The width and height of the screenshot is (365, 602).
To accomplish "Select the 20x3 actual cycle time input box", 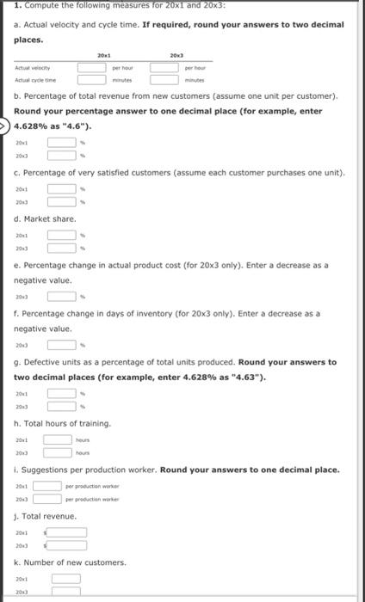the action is (164, 79).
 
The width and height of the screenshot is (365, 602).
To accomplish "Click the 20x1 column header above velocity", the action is (102, 53).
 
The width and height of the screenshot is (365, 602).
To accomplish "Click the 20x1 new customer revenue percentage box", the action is (60, 143).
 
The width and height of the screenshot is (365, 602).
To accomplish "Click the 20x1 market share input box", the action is (60, 233).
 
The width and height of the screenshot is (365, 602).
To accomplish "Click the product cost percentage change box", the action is (60, 297).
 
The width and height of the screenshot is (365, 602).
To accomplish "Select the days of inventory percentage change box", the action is (60, 345).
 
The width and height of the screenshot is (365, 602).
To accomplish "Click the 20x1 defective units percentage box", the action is (60, 393).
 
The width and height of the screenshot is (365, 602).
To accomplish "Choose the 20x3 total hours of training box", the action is (58, 452).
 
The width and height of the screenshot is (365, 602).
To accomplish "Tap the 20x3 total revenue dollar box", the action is (67, 545).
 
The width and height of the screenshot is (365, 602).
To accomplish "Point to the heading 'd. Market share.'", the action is (45, 218).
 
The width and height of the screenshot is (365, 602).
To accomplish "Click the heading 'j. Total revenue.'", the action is (46, 516).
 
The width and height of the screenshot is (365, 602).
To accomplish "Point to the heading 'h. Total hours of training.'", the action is (63, 423).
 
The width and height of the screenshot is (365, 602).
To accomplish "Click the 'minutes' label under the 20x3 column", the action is (195, 79).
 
